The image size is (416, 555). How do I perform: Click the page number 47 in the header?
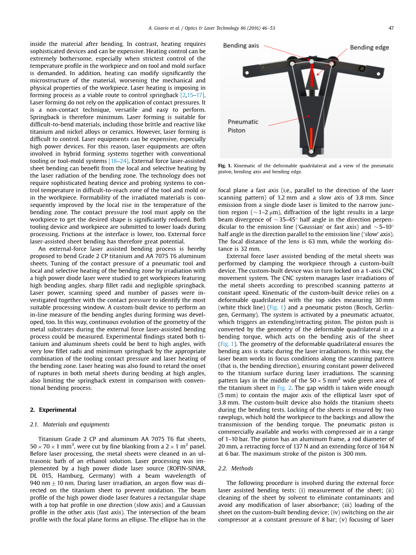[x=390, y=28]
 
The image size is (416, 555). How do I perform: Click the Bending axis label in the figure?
[x=241, y=45]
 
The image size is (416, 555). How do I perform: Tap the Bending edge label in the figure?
[x=369, y=47]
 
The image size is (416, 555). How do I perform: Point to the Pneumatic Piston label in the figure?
[x=243, y=126]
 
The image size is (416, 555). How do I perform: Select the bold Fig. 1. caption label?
[x=224, y=166]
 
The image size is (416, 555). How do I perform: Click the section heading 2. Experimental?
[x=53, y=410]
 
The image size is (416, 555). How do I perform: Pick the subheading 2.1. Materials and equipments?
[x=69, y=424]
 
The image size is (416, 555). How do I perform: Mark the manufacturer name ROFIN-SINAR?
[x=187, y=468]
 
